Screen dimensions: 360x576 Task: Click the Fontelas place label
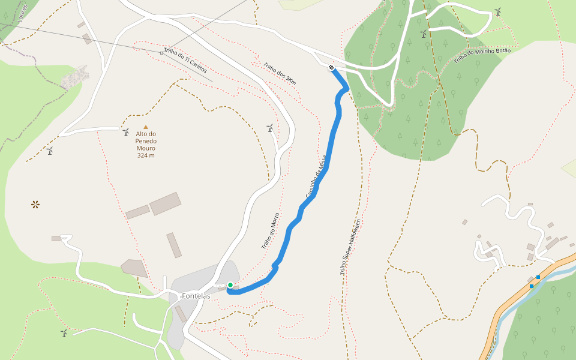click(196, 296)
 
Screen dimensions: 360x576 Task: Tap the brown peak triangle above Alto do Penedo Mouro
click(145, 127)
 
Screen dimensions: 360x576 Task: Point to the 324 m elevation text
click(146, 155)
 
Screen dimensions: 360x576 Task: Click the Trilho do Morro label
click(271, 231)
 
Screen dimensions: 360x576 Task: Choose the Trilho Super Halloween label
click(350, 247)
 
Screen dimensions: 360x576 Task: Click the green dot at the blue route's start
click(230, 285)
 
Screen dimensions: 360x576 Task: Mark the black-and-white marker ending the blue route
click(331, 67)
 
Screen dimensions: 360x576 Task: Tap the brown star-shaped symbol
click(35, 205)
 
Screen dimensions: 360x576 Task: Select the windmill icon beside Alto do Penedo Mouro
click(126, 132)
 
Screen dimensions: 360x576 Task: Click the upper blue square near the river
click(538, 277)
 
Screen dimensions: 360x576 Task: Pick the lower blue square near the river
click(532, 286)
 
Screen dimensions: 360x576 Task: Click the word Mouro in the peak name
click(146, 148)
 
